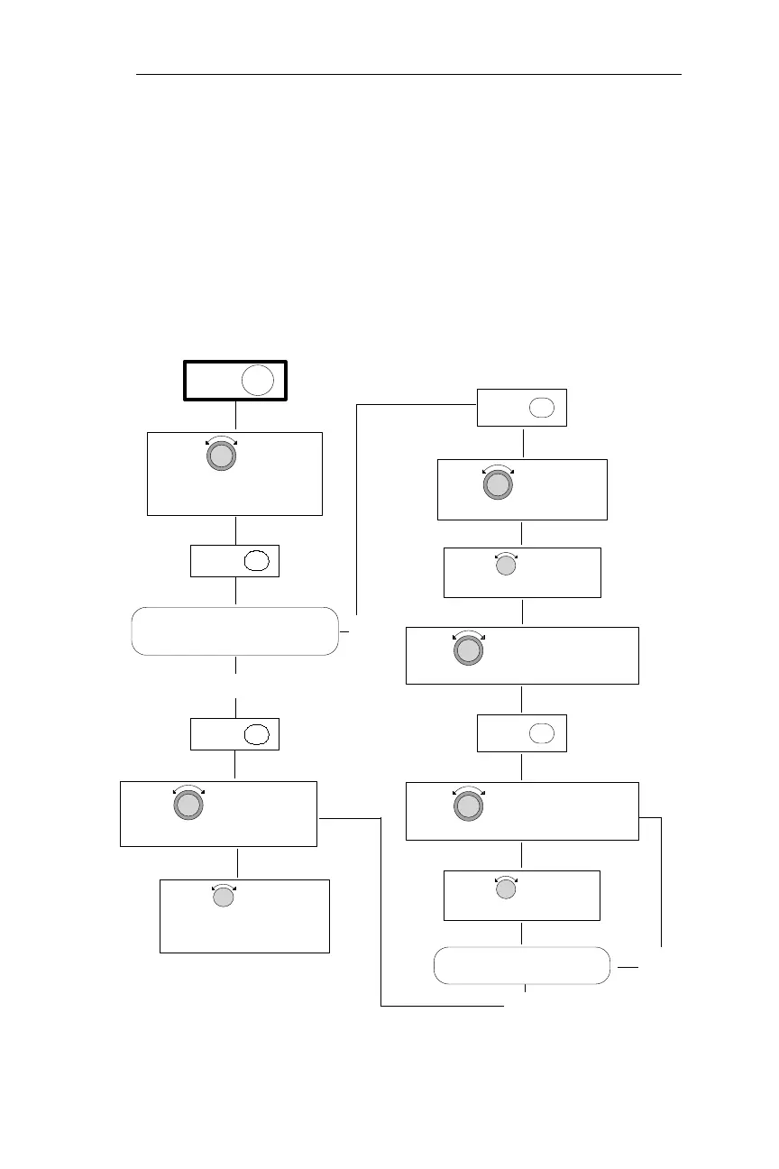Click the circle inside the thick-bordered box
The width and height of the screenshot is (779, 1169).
[x=257, y=381]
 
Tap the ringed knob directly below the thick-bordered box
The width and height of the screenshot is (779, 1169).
[x=221, y=456]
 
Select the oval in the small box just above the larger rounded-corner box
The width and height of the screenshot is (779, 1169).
[x=257, y=560]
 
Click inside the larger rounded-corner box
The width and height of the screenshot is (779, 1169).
[x=235, y=631]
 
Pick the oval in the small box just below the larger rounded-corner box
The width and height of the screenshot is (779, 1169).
[x=257, y=733]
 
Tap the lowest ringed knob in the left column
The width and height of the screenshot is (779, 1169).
[x=188, y=804]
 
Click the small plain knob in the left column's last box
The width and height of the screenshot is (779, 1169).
[x=223, y=897]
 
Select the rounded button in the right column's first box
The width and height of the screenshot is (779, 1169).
[x=542, y=407]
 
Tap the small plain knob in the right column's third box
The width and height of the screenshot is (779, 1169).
[x=507, y=566]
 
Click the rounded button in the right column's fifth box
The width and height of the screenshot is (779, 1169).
[x=542, y=732]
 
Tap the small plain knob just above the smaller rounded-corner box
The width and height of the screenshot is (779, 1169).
[x=507, y=889]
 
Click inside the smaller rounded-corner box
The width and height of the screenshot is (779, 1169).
[x=522, y=965]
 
